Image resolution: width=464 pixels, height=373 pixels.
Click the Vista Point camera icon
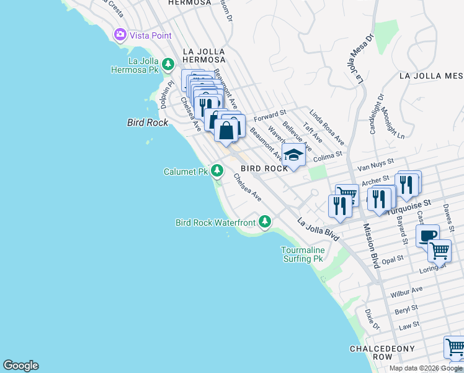click(120, 35)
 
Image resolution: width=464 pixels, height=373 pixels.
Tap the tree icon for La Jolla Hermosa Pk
click(167, 64)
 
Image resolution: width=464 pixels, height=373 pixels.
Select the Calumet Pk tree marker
click(216, 170)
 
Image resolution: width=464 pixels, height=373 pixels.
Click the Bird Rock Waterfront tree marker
click(265, 221)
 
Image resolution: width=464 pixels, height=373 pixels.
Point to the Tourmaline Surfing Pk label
click(303, 254)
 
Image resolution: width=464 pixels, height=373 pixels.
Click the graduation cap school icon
click(293, 155)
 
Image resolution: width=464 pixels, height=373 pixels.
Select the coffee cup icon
click(428, 236)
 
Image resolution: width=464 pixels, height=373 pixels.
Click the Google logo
click(20, 366)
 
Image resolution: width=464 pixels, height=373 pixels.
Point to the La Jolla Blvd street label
click(318, 229)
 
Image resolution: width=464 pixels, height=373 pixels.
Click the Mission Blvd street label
click(371, 246)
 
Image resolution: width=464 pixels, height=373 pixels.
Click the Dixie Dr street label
click(372, 318)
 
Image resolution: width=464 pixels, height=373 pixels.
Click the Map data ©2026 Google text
click(425, 368)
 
